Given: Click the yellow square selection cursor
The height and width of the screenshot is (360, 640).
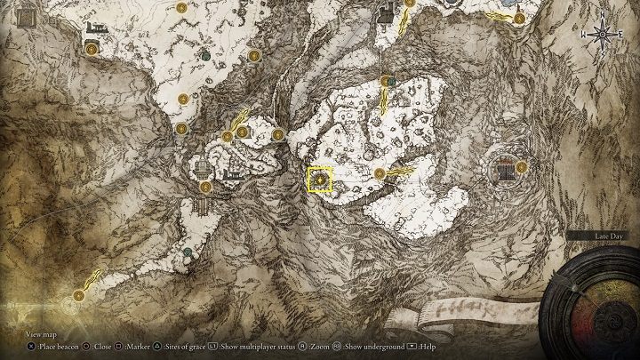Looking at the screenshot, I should coord(320,180).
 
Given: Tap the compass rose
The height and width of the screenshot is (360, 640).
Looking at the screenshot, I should coord(603,35).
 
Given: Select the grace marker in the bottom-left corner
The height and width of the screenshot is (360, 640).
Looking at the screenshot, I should coord(79,294).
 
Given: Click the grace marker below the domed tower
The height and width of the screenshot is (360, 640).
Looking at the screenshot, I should coord(205,187).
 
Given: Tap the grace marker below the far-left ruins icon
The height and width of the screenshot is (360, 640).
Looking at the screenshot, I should coord(92,51).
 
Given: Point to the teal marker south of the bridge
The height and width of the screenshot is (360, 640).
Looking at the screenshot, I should coord(188,252).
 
